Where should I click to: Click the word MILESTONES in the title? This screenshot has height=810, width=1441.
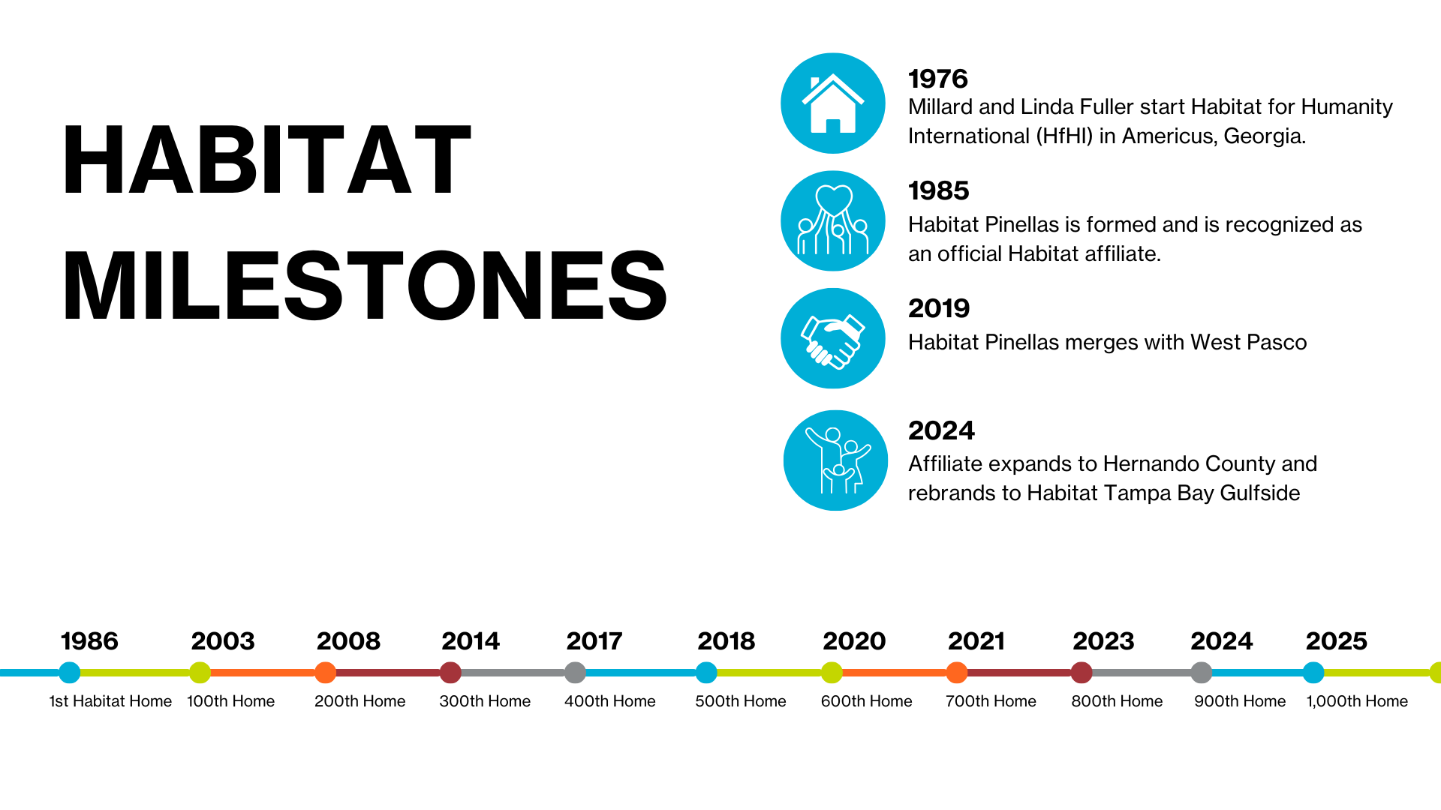pos(365,286)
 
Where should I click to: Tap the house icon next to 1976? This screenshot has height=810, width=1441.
pos(833,103)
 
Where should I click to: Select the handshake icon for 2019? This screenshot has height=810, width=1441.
pos(833,338)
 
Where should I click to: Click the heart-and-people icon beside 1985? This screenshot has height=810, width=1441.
pos(833,221)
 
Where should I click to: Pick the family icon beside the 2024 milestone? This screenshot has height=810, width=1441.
pos(835,460)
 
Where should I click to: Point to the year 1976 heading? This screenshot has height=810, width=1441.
pos(938,79)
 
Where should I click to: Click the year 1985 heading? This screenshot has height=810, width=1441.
pos(939,190)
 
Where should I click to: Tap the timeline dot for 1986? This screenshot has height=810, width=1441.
pos(69,673)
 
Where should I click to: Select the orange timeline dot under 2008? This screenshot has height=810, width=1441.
pos(325,673)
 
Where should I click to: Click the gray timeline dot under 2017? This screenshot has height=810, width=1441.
pos(575,673)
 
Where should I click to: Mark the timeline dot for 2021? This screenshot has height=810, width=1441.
pos(957,673)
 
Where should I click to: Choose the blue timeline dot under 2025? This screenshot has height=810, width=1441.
pos(1313,673)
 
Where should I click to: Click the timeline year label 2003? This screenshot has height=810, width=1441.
pos(223,641)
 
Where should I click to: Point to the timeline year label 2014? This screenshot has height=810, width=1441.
pos(471,641)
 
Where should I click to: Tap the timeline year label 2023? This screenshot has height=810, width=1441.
pos(1103,641)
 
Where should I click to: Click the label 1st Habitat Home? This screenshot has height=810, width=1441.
pos(110,701)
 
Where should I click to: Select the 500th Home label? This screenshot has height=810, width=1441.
pos(741,701)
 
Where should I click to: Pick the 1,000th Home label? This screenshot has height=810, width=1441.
pos(1357,702)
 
